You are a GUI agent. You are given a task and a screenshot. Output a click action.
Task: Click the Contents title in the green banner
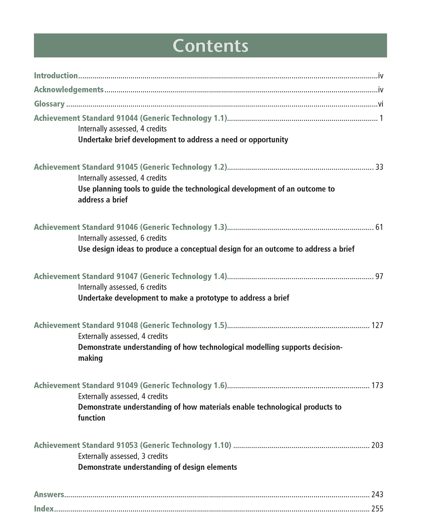210,46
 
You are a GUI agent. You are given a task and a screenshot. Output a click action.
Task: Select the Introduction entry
56,76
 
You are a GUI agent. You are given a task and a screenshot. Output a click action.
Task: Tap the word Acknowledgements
69,90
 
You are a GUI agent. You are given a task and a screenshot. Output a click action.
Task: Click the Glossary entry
49,104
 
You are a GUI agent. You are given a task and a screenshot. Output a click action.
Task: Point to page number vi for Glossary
381,104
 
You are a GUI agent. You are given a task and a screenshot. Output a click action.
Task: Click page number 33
379,167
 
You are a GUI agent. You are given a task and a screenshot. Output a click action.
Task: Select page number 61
379,227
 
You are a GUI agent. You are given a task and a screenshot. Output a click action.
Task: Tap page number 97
379,276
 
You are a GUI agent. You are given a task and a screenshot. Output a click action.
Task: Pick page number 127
377,325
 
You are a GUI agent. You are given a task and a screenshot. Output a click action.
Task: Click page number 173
377,386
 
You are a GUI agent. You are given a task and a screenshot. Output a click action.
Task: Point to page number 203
377,445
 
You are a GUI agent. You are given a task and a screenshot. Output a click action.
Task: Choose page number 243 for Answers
377,495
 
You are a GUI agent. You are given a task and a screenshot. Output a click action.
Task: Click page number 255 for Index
377,509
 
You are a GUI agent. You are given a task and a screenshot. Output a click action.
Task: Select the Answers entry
49,495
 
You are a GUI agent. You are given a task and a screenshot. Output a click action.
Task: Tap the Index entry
44,509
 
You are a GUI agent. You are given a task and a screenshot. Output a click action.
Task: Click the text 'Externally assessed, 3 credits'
123,456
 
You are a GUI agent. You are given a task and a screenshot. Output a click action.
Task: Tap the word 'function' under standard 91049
91,418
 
